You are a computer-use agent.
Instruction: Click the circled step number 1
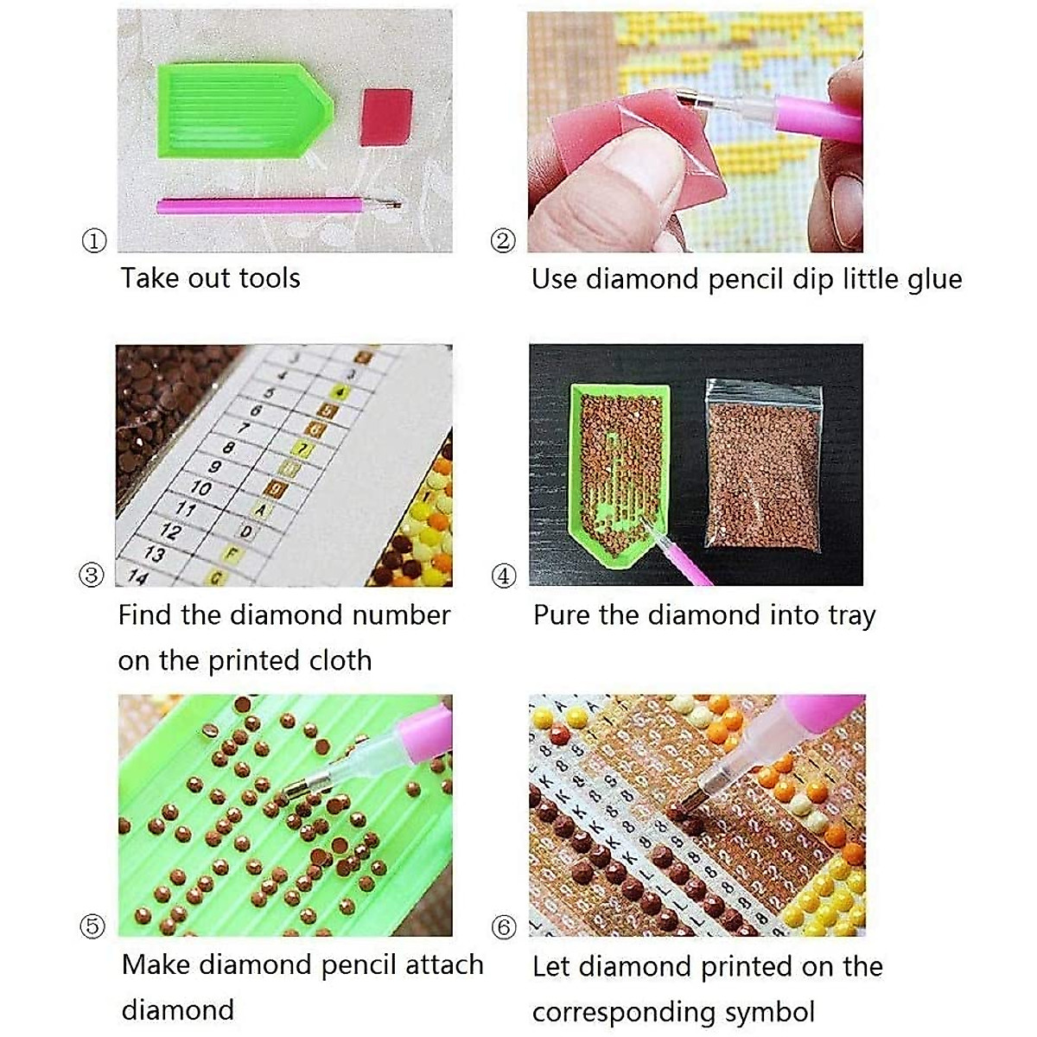[94, 240]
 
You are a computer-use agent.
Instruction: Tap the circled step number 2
[503, 240]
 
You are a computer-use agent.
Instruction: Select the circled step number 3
[92, 575]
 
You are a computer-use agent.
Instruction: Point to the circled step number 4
[504, 576]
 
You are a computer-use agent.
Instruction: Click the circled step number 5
[92, 926]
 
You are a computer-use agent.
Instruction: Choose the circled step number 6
[504, 926]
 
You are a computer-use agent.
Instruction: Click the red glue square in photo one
[386, 118]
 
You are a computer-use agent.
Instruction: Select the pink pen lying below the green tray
[279, 206]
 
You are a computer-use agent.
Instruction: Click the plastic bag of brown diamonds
[764, 466]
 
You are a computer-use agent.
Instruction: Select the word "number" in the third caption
[401, 615]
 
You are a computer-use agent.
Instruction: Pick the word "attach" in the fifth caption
[444, 965]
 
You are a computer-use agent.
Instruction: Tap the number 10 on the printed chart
[200, 488]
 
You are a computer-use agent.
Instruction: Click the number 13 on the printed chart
[155, 553]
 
